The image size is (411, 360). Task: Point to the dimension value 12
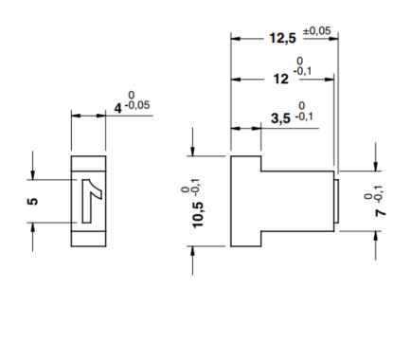[279, 81]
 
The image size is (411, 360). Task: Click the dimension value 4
[118, 108]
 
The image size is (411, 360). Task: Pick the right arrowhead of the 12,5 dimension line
[333, 38]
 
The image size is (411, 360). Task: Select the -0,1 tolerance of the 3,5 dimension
[303, 117]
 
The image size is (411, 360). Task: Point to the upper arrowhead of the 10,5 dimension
[193, 152]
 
